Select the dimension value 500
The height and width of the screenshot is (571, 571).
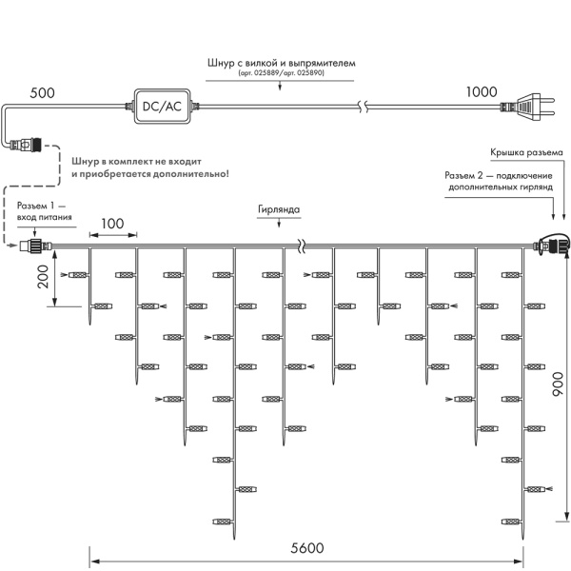coord(42,92)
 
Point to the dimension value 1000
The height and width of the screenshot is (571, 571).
coord(482,92)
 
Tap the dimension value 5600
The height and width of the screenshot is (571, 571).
coord(306,548)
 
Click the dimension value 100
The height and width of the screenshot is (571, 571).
coord(112,223)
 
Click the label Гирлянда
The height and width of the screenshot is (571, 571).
coord(278,208)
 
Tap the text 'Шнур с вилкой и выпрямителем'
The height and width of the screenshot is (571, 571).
coord(281,63)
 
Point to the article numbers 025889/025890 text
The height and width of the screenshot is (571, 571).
coord(281,74)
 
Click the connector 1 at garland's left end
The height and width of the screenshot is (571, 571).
coord(35,250)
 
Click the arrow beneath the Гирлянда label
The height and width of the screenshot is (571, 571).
coord(278,224)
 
